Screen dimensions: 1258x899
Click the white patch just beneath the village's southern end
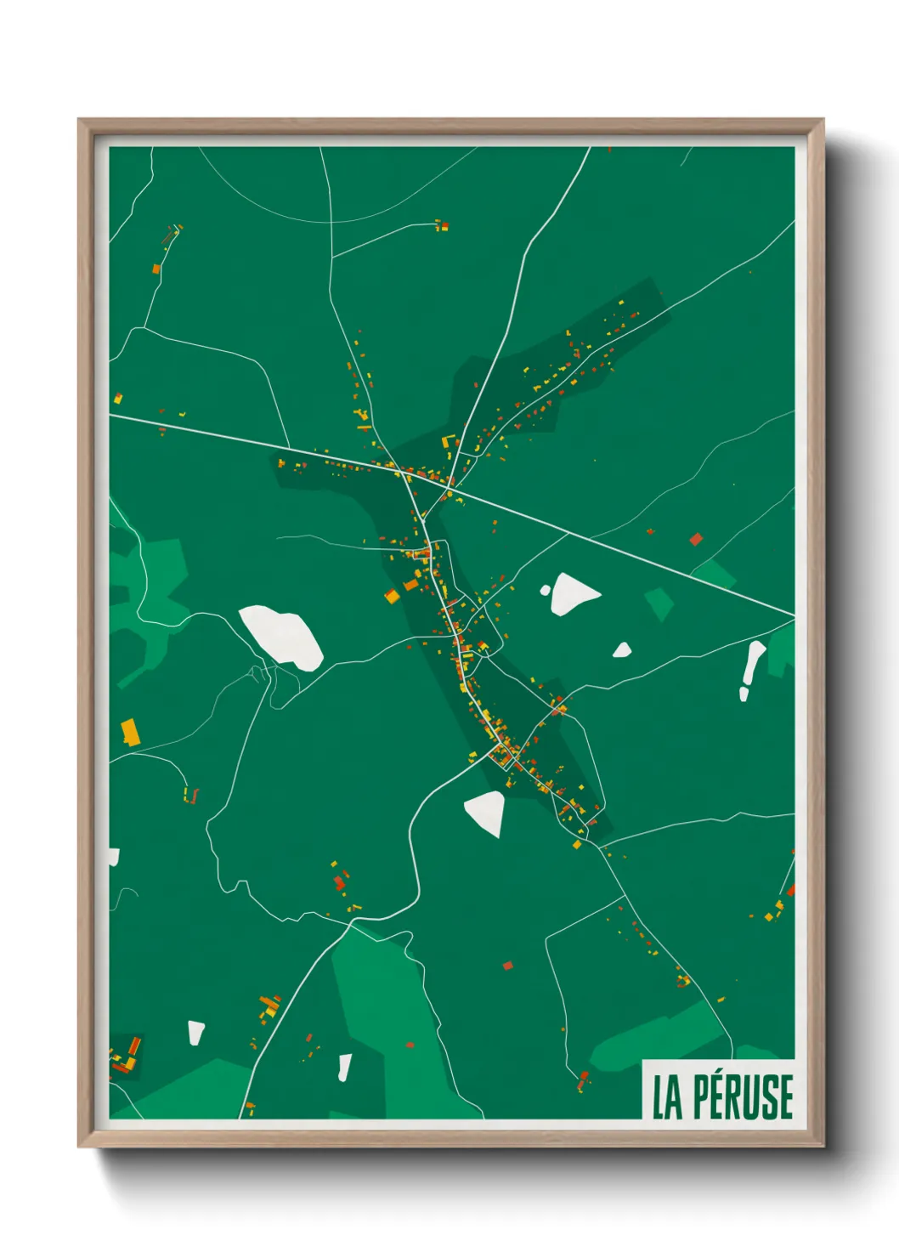click(x=485, y=812)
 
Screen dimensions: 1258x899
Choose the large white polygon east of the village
click(x=574, y=592)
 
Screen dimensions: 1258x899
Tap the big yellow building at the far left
click(x=129, y=730)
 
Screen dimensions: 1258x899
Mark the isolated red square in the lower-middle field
click(x=508, y=965)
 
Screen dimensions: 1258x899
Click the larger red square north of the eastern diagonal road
click(x=696, y=539)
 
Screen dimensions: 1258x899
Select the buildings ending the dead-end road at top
click(x=442, y=226)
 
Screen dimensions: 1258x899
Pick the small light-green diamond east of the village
click(x=659, y=603)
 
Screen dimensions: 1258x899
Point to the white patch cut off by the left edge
click(x=114, y=857)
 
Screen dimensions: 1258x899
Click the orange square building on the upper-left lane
click(x=156, y=269)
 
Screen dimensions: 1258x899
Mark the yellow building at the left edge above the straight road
click(x=118, y=398)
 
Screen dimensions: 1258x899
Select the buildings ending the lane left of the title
click(x=583, y=1082)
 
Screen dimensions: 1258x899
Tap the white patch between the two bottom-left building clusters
click(x=196, y=1032)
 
